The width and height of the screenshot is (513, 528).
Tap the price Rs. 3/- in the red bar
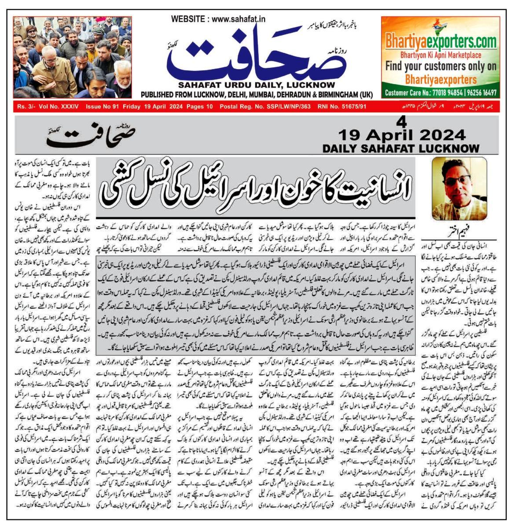click(27, 106)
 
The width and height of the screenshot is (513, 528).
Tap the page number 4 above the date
click(399, 122)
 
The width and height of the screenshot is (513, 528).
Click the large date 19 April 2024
click(402, 134)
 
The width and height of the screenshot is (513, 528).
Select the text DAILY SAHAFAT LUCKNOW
click(401, 148)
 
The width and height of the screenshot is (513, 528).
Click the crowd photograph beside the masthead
click(72, 57)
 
